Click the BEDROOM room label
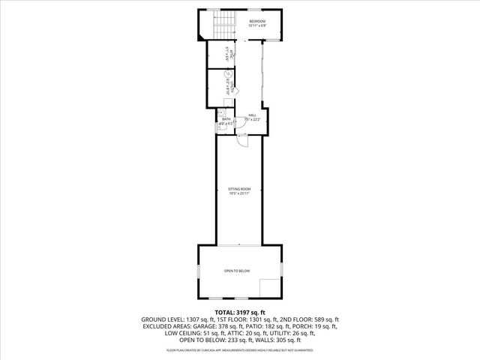tap(256, 21)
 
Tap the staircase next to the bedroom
tap(221, 25)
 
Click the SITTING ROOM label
tap(239, 188)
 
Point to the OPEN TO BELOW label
tap(237, 271)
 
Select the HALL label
tap(252, 115)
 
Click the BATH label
tap(226, 119)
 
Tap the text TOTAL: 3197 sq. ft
tap(240, 311)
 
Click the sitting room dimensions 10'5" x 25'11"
tap(239, 193)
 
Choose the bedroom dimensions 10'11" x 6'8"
tap(257, 26)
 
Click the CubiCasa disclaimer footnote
tap(240, 349)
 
